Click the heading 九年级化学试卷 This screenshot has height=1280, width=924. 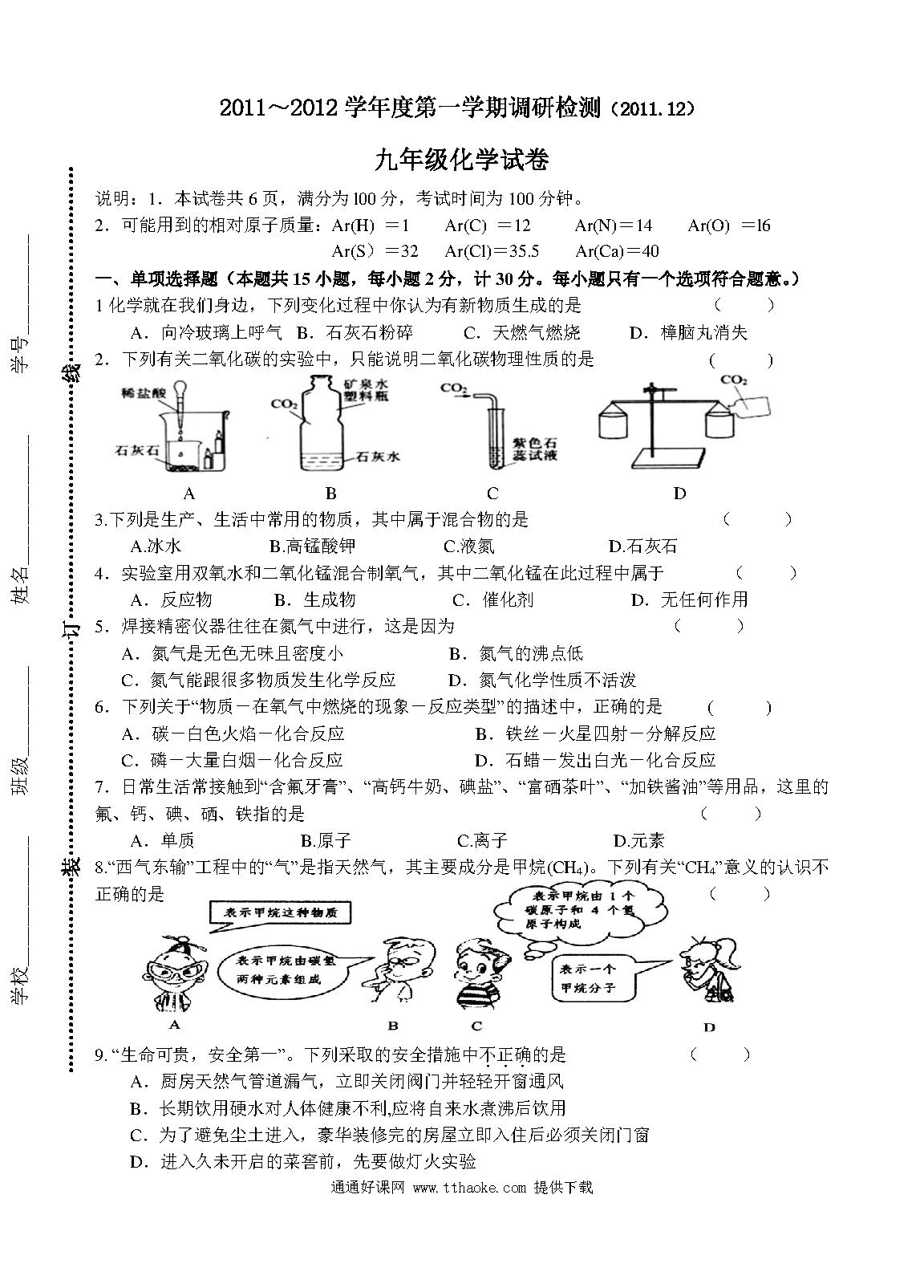[x=461, y=160]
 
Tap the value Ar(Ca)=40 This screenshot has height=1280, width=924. [x=618, y=251]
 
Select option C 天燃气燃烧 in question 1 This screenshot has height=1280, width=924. [x=522, y=332]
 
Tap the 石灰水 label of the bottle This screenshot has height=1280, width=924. [x=377, y=456]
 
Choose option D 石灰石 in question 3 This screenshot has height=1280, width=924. [x=642, y=547]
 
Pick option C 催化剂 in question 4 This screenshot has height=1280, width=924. [x=492, y=599]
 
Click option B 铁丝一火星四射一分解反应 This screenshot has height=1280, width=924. [x=595, y=733]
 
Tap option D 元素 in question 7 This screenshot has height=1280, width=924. [x=638, y=840]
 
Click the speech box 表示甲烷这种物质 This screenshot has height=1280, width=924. [x=280, y=912]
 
